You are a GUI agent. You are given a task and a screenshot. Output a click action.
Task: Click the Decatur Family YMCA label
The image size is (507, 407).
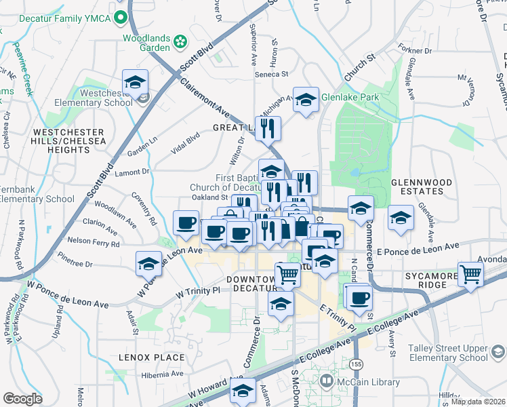(67, 17)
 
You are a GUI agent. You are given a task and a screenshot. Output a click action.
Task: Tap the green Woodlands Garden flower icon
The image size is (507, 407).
(180, 42)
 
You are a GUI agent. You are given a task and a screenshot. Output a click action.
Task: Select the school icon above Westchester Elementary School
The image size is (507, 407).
(136, 82)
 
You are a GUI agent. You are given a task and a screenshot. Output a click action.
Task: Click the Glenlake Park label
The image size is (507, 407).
(350, 97)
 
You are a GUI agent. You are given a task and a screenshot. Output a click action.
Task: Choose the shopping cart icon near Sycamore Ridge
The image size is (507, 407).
(470, 274)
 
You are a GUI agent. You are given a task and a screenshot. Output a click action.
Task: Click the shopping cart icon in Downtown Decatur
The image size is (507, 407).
(288, 274)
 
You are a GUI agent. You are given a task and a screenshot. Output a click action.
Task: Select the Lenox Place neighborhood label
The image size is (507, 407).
(152, 357)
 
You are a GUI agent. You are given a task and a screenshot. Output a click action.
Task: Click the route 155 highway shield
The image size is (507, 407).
(357, 364)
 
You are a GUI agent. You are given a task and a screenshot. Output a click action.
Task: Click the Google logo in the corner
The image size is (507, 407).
(22, 398)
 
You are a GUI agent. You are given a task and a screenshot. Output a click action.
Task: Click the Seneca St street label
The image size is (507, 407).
(271, 74)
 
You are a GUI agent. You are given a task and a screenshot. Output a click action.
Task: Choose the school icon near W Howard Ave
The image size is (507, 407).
(243, 391)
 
